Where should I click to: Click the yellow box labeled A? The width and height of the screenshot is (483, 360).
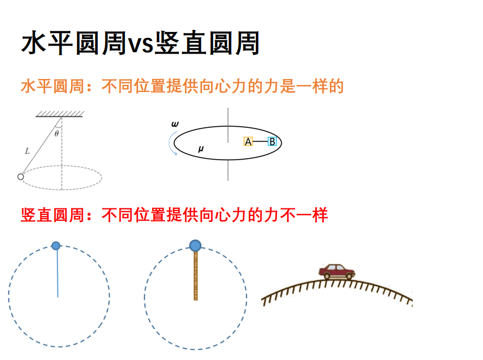pyautogui.click(x=248, y=141)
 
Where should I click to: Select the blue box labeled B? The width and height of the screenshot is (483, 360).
pyautogui.click(x=272, y=141)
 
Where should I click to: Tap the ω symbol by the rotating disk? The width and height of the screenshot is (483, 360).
pyautogui.click(x=175, y=124)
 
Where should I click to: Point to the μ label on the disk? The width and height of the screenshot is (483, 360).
pyautogui.click(x=201, y=149)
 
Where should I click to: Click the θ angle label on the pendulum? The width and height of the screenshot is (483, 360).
pyautogui.click(x=56, y=134)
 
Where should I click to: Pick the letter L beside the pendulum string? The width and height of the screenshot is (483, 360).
pyautogui.click(x=28, y=151)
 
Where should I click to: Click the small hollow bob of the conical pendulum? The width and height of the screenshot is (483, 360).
pyautogui.click(x=21, y=176)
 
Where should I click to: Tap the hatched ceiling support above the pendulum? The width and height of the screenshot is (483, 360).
pyautogui.click(x=59, y=114)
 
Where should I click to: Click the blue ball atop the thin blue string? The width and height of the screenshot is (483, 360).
pyautogui.click(x=56, y=246)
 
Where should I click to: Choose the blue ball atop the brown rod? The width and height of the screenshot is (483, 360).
pyautogui.click(x=195, y=246)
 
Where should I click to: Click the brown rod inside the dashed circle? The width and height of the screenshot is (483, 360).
pyautogui.click(x=195, y=276)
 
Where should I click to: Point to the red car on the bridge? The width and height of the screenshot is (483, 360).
pyautogui.click(x=336, y=272)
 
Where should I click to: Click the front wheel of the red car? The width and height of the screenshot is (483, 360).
pyautogui.click(x=349, y=276)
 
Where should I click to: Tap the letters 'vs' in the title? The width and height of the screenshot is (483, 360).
pyautogui.click(x=140, y=45)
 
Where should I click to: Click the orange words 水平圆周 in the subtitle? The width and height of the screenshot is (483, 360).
pyautogui.click(x=52, y=86)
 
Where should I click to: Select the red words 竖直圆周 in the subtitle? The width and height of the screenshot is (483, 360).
pyautogui.click(x=52, y=215)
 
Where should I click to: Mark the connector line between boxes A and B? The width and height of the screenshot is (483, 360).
pyautogui.click(x=260, y=141)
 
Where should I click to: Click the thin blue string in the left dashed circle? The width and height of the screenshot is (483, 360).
pyautogui.click(x=57, y=273)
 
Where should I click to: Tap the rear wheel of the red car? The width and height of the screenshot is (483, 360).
pyautogui.click(x=327, y=276)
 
